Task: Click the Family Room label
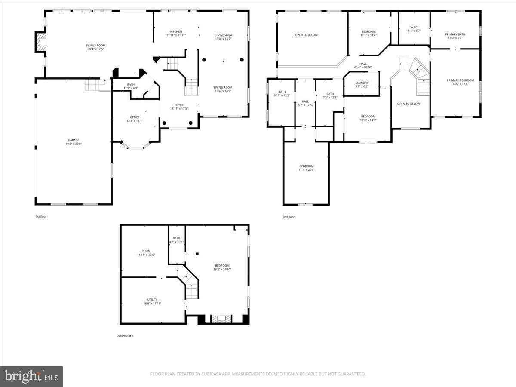[x=95, y=46]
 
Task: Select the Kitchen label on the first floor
[x=176, y=32]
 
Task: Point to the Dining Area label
[x=223, y=35]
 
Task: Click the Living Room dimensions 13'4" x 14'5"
[x=223, y=91]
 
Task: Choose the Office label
[x=135, y=117]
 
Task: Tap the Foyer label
[x=179, y=105]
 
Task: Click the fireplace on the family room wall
[x=40, y=42]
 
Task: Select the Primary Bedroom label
[x=460, y=80]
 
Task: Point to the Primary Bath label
[x=455, y=34]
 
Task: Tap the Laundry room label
[x=362, y=83]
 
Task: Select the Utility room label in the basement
[x=152, y=300]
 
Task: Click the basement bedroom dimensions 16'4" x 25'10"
[x=222, y=270]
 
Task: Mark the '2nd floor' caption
[x=288, y=217]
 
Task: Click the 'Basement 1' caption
[x=126, y=336]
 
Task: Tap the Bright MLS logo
[x=31, y=377]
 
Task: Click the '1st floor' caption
[x=41, y=216]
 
